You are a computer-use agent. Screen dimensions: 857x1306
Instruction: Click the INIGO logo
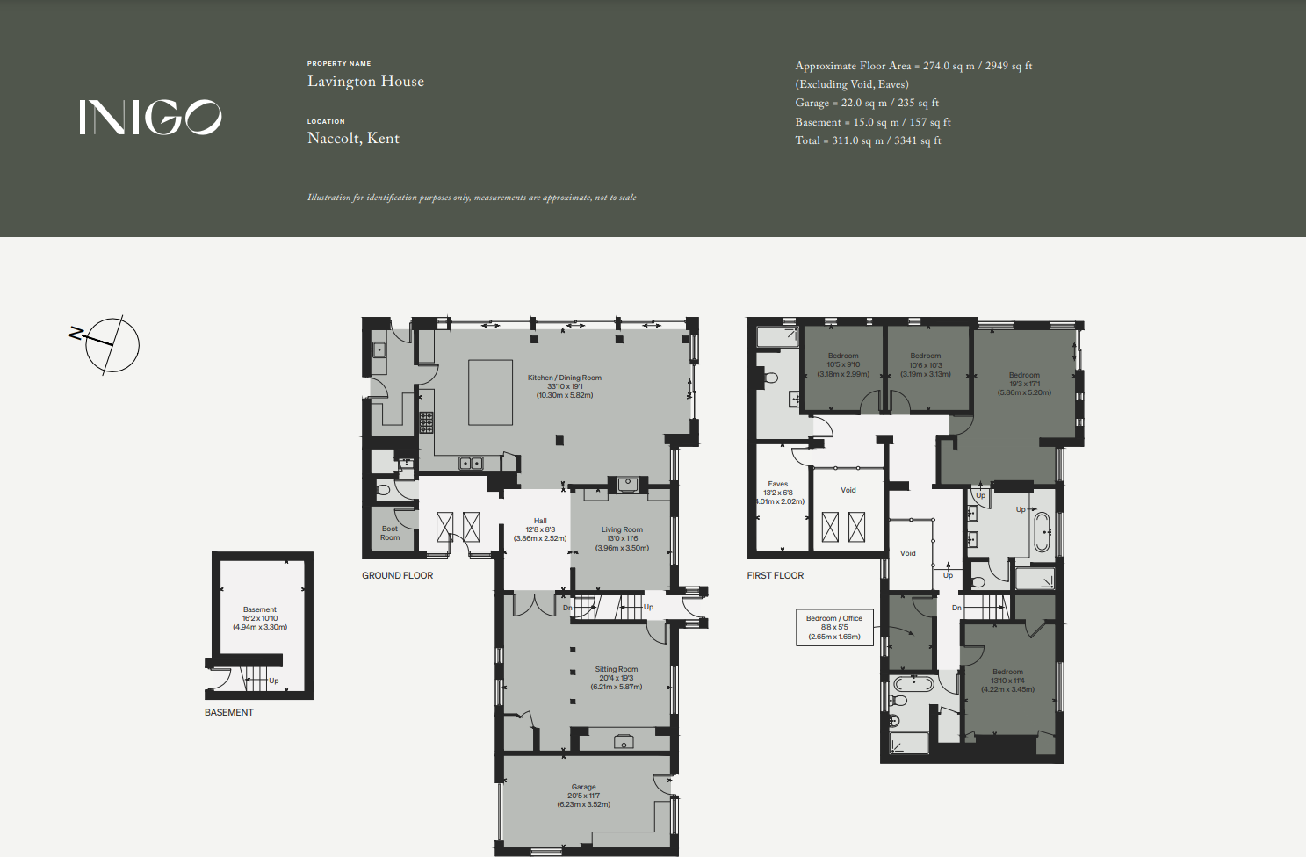point(150,117)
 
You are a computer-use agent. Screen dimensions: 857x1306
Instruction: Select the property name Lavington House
point(365,82)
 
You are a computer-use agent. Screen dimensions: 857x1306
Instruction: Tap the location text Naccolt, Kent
point(353,139)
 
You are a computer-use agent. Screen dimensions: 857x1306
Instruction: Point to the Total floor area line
point(868,140)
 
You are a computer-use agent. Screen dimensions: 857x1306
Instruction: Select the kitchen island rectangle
point(490,392)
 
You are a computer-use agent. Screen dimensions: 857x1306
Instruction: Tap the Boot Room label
point(390,533)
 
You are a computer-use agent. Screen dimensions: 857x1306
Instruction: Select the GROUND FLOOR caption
point(397,576)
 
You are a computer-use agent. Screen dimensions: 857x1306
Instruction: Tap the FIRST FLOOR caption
point(775,576)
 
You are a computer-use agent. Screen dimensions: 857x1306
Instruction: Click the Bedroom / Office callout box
point(834,627)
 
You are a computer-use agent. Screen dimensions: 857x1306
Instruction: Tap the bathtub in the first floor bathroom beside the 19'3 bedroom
point(1042,532)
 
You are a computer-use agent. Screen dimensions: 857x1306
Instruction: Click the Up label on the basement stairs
point(273,681)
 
